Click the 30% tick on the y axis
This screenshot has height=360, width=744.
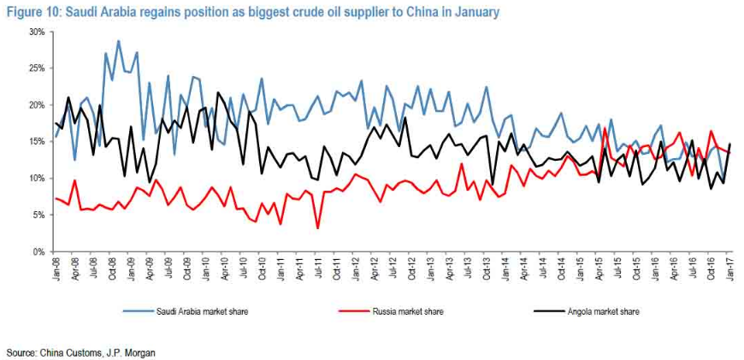coord(36,32)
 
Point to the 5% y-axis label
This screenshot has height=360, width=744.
coord(38,215)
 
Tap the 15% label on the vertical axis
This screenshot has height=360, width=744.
coord(36,142)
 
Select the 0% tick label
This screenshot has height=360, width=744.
coord(38,252)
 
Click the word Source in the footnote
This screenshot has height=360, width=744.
coord(21,352)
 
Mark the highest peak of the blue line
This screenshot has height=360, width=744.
coord(118,40)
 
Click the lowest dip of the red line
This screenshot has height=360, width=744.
coord(318,228)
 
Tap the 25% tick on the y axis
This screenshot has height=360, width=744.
coord(36,68)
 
